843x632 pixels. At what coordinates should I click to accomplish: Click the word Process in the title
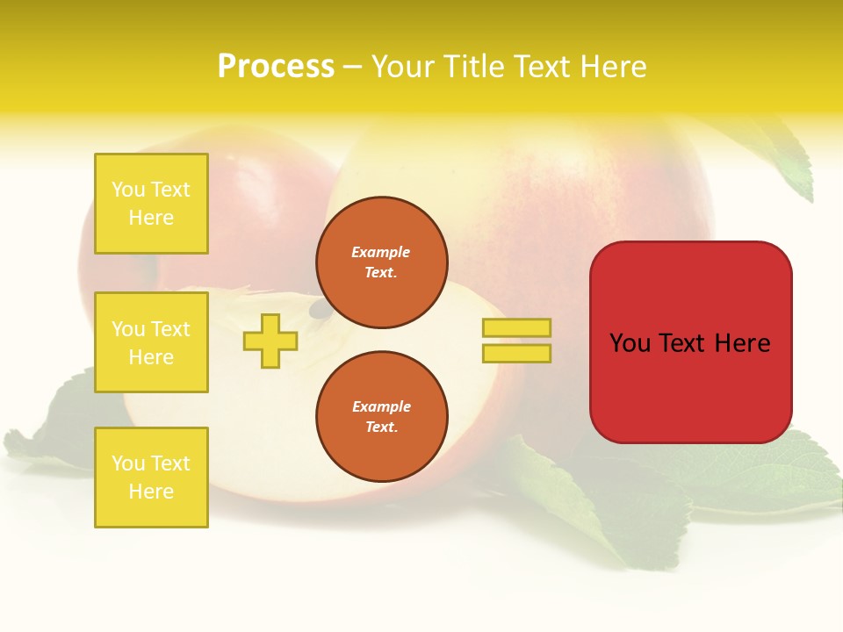point(276,67)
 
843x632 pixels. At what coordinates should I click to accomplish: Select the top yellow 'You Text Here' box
point(151,204)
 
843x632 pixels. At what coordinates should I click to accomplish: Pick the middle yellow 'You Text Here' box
point(151,342)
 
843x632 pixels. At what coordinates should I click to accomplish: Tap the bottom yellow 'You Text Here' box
point(151,478)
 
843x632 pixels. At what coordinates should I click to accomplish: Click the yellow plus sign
point(270,341)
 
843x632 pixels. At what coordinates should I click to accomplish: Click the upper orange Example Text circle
point(381,262)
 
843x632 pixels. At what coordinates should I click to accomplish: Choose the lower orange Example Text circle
point(381,417)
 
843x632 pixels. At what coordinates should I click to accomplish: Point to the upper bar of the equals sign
point(516,327)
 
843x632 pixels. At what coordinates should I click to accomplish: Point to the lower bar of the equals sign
point(516,353)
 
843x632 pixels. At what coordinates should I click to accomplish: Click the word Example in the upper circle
point(381,252)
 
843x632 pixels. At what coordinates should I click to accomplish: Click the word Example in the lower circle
point(381,406)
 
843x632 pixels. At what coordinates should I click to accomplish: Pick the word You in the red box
point(630,343)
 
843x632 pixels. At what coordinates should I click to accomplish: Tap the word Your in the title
point(405,67)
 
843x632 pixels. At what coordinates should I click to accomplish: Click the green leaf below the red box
point(773,478)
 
